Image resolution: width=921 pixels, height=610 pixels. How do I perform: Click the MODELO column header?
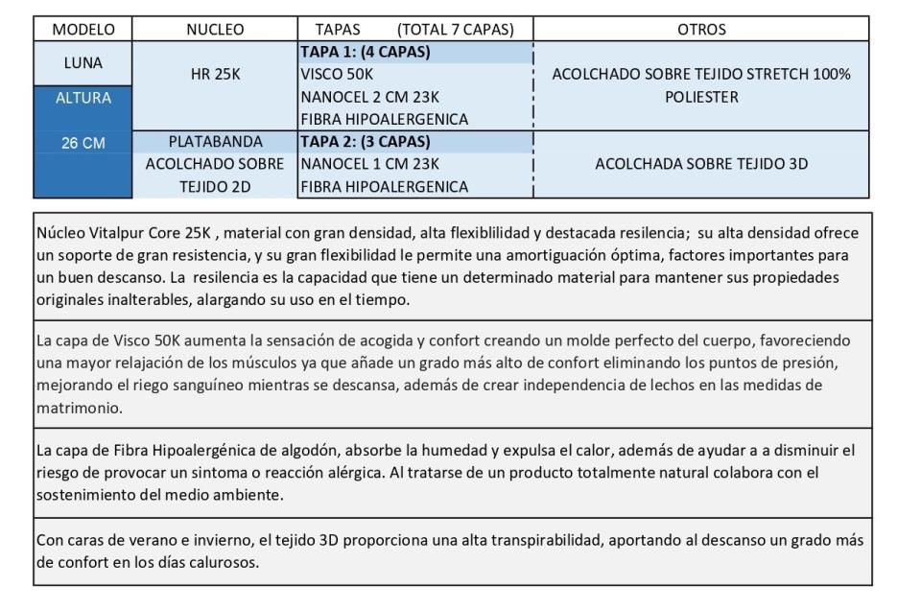click(83, 30)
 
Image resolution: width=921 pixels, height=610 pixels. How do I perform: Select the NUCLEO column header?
click(215, 30)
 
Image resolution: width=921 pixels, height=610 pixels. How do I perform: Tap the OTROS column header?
click(701, 30)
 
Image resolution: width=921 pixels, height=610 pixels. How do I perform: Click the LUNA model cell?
click(83, 63)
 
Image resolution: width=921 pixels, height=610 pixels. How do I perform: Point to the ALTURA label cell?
click(83, 97)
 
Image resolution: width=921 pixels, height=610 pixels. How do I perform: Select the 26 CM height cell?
click(83, 143)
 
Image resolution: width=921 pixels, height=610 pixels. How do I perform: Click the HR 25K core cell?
click(215, 75)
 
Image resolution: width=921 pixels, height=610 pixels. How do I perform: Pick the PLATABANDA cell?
click(215, 142)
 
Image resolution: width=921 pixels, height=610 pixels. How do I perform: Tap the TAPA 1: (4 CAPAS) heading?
click(365, 52)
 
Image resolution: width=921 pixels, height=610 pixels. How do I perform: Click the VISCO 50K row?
click(337, 74)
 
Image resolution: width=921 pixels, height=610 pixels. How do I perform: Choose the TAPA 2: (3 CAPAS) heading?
click(365, 141)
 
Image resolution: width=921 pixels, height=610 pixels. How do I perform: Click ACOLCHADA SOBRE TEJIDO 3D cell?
click(701, 164)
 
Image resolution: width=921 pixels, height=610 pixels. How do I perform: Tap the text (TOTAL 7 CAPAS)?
click(455, 30)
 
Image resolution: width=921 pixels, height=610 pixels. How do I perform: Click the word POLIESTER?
click(701, 97)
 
